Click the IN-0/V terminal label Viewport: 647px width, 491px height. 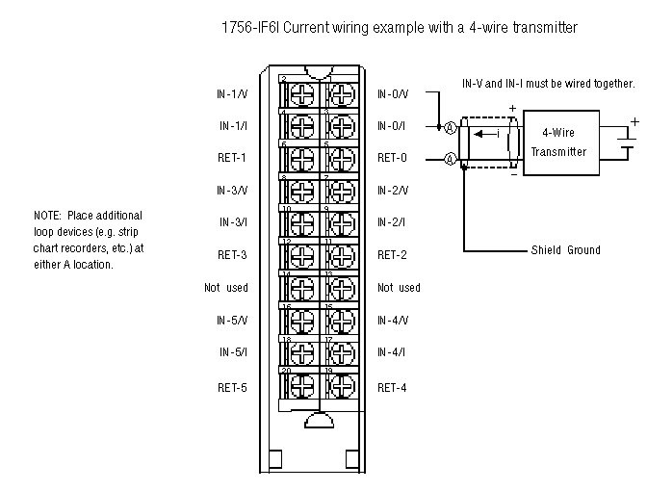[393, 94]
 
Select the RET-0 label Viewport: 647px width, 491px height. [392, 158]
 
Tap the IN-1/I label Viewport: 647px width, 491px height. [233, 126]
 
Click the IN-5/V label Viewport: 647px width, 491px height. [233, 320]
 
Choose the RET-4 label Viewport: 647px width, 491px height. [392, 387]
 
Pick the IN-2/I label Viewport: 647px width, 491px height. [393, 222]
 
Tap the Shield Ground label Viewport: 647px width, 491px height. [565, 250]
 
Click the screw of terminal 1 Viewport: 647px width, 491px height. [340, 93]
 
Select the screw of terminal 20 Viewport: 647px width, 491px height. [301, 386]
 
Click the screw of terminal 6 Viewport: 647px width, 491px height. [301, 158]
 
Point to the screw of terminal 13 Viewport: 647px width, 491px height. [340, 288]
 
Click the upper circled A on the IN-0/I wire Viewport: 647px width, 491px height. [449, 126]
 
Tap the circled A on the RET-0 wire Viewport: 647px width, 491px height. [449, 158]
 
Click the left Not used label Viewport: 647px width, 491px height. [226, 288]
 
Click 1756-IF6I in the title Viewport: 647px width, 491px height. [251, 28]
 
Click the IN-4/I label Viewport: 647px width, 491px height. [393, 352]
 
